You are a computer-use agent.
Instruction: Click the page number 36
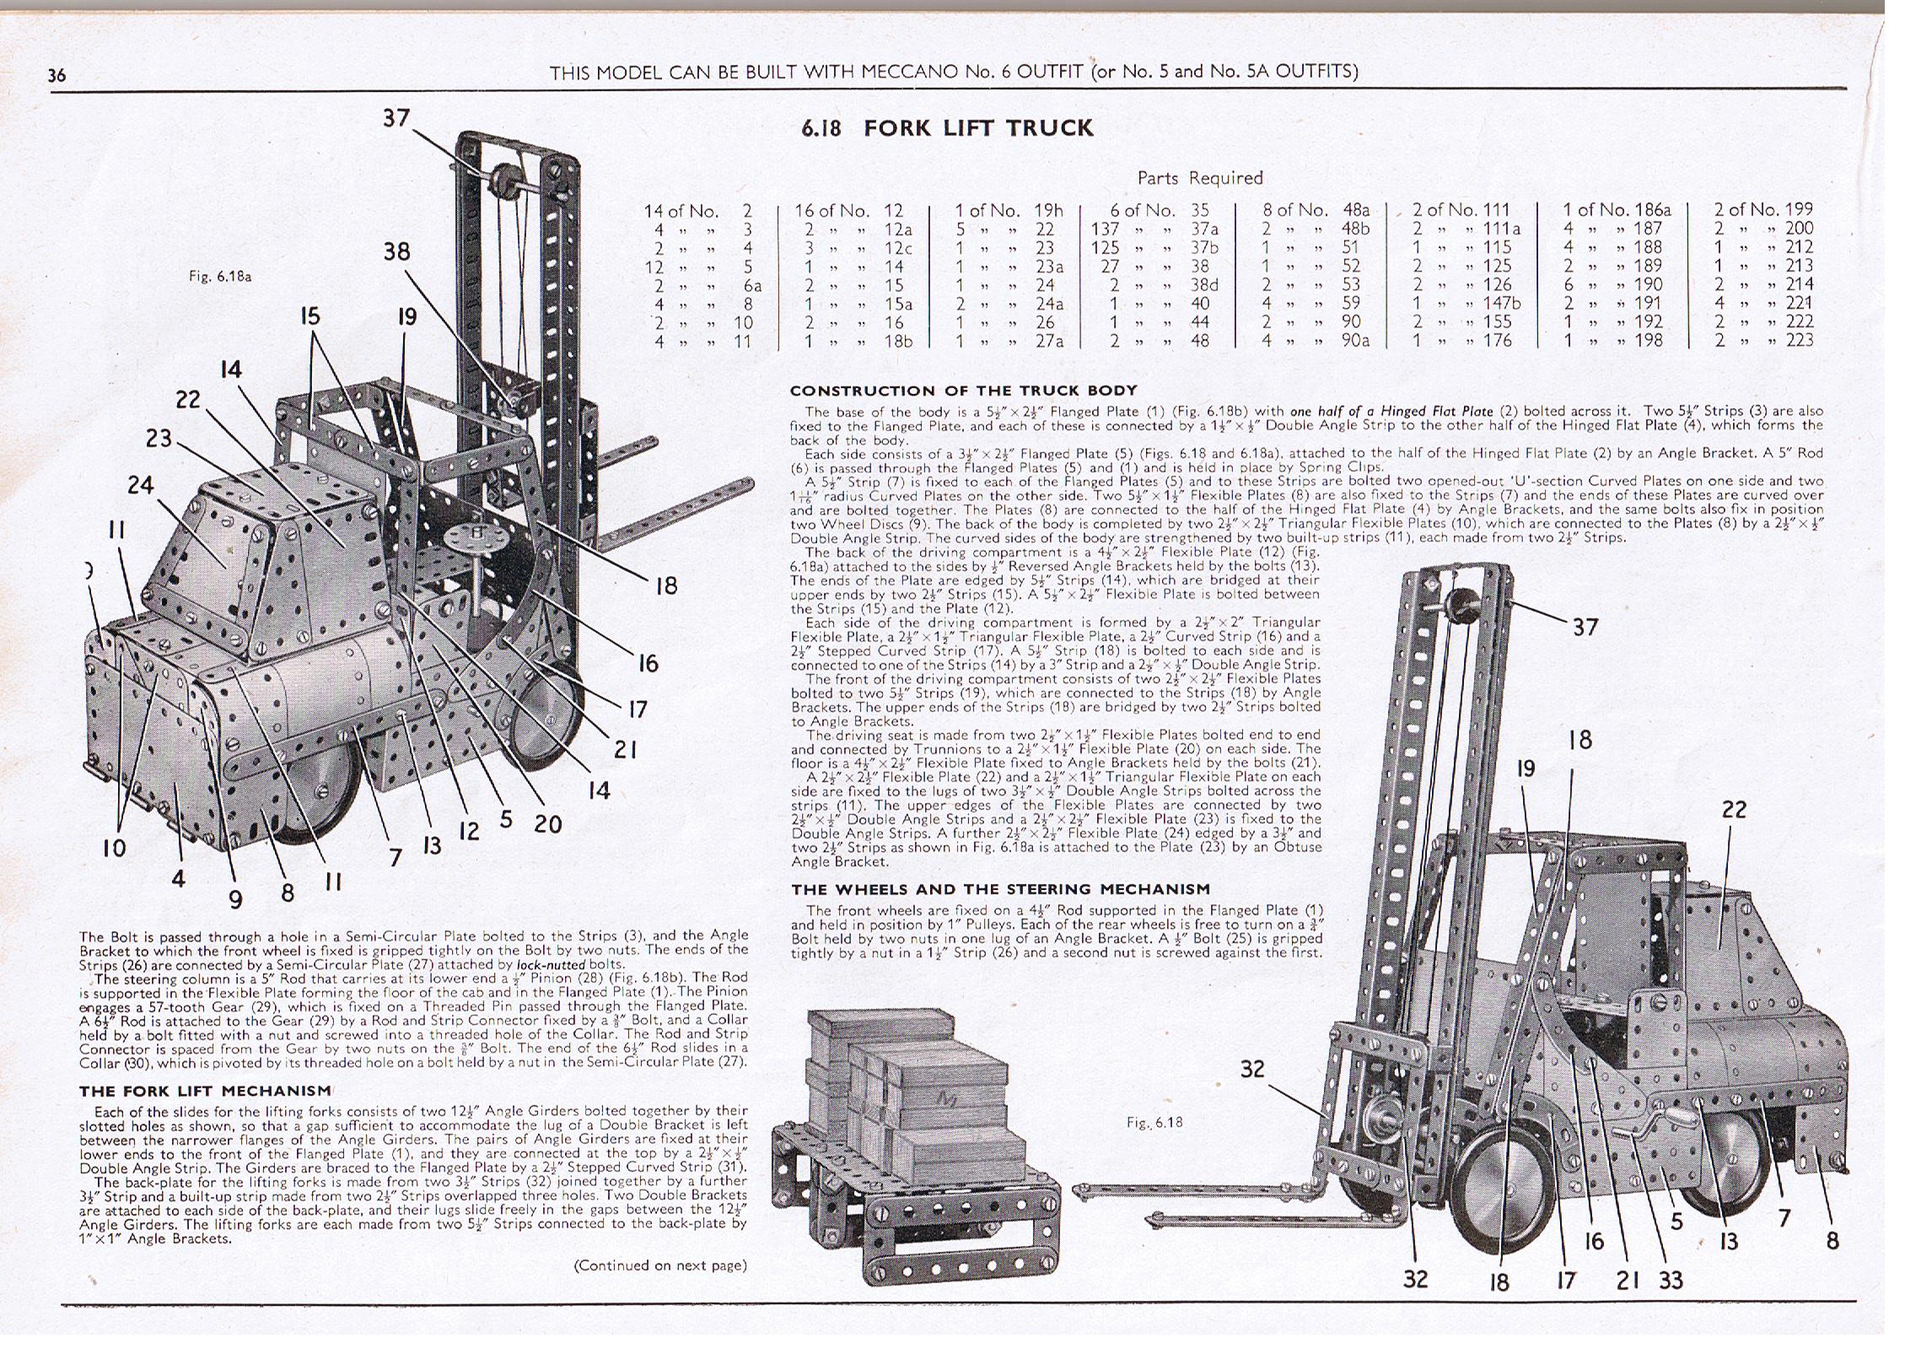click(57, 74)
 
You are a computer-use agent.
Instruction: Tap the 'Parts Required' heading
click(1200, 178)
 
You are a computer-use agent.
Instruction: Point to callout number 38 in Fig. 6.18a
click(397, 251)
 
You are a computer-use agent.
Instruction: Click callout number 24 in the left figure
click(141, 485)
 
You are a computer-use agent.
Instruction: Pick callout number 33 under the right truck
click(1671, 1280)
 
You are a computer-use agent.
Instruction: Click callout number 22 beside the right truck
click(1734, 810)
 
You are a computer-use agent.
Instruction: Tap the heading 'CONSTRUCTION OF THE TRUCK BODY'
click(963, 391)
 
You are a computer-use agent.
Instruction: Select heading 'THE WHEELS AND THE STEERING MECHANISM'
click(1000, 889)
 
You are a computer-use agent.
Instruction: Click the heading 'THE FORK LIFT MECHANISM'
click(206, 1091)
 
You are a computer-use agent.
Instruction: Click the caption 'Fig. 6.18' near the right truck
click(1154, 1122)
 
